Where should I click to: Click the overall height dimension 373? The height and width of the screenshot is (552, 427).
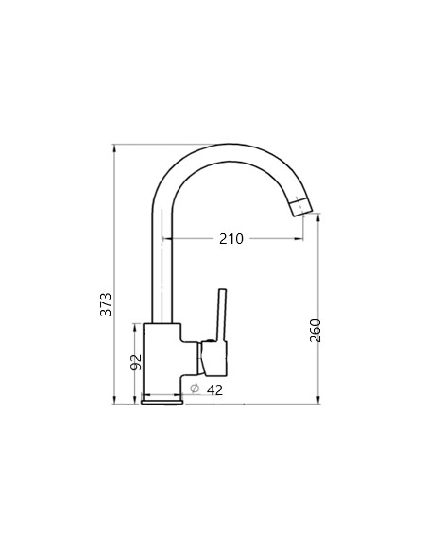[x=107, y=302]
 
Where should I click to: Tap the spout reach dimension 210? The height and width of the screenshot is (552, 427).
[x=231, y=239]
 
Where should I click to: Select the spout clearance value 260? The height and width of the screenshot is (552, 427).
[x=316, y=329]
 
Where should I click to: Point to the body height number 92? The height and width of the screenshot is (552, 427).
[x=135, y=361]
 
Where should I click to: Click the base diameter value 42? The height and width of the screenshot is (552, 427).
[x=214, y=388]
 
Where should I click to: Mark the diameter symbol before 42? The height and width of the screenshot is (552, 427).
[x=194, y=388]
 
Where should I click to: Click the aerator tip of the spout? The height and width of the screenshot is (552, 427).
[x=302, y=204]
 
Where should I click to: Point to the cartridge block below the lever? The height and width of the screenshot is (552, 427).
[x=212, y=359]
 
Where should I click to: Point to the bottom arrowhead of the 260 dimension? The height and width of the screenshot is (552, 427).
[x=317, y=402]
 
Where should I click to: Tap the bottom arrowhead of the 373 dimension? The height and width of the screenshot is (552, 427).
[x=114, y=402]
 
